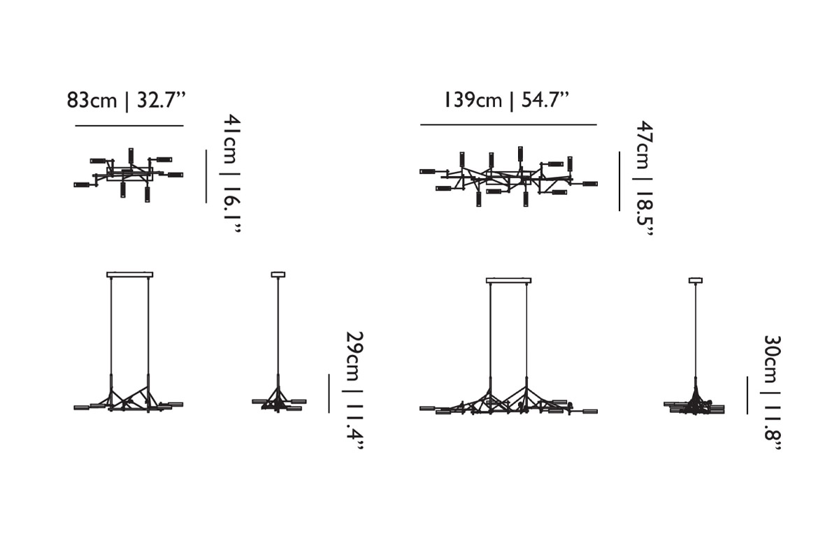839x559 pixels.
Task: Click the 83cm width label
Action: pos(92,101)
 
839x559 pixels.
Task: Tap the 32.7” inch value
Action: pos(162,100)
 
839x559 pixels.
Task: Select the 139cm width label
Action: pos(473,100)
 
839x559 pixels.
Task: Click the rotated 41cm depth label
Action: pos(232,138)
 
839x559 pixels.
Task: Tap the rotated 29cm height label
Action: pos(354,356)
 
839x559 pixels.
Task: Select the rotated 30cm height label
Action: pos(772,359)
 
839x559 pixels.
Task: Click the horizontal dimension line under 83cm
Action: pos(129,126)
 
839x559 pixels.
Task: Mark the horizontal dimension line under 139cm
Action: pos(508,124)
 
